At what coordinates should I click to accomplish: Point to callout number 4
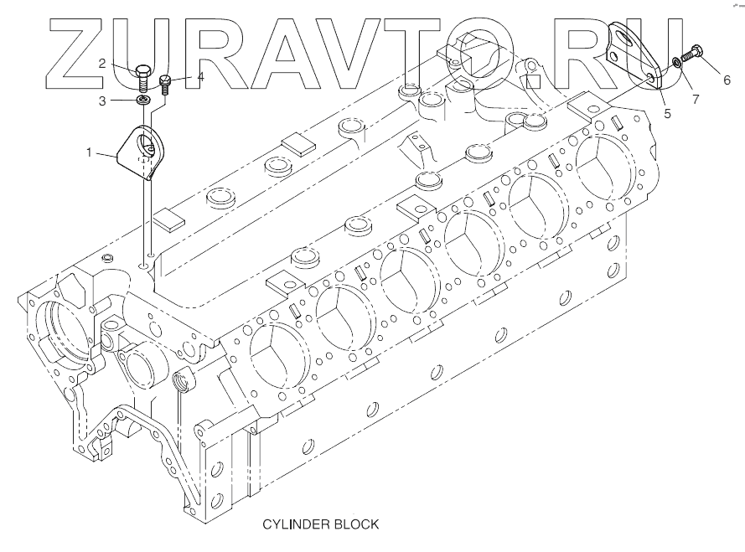coord(200,78)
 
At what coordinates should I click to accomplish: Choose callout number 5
coord(667,111)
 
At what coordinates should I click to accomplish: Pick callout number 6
coord(727,80)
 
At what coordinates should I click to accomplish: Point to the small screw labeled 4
coord(165,85)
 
